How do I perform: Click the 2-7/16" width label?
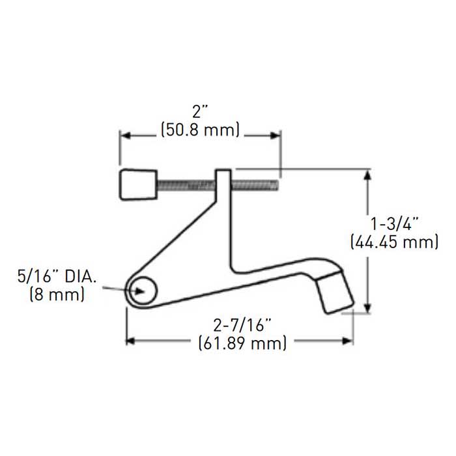(x=242, y=323)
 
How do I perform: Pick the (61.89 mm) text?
(x=242, y=343)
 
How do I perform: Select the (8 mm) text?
(x=57, y=294)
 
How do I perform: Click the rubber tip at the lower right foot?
(x=335, y=294)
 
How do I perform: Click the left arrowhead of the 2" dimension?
(x=124, y=135)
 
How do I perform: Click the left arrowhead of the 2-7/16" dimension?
(x=131, y=340)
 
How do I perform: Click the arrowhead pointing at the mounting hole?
(x=134, y=291)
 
